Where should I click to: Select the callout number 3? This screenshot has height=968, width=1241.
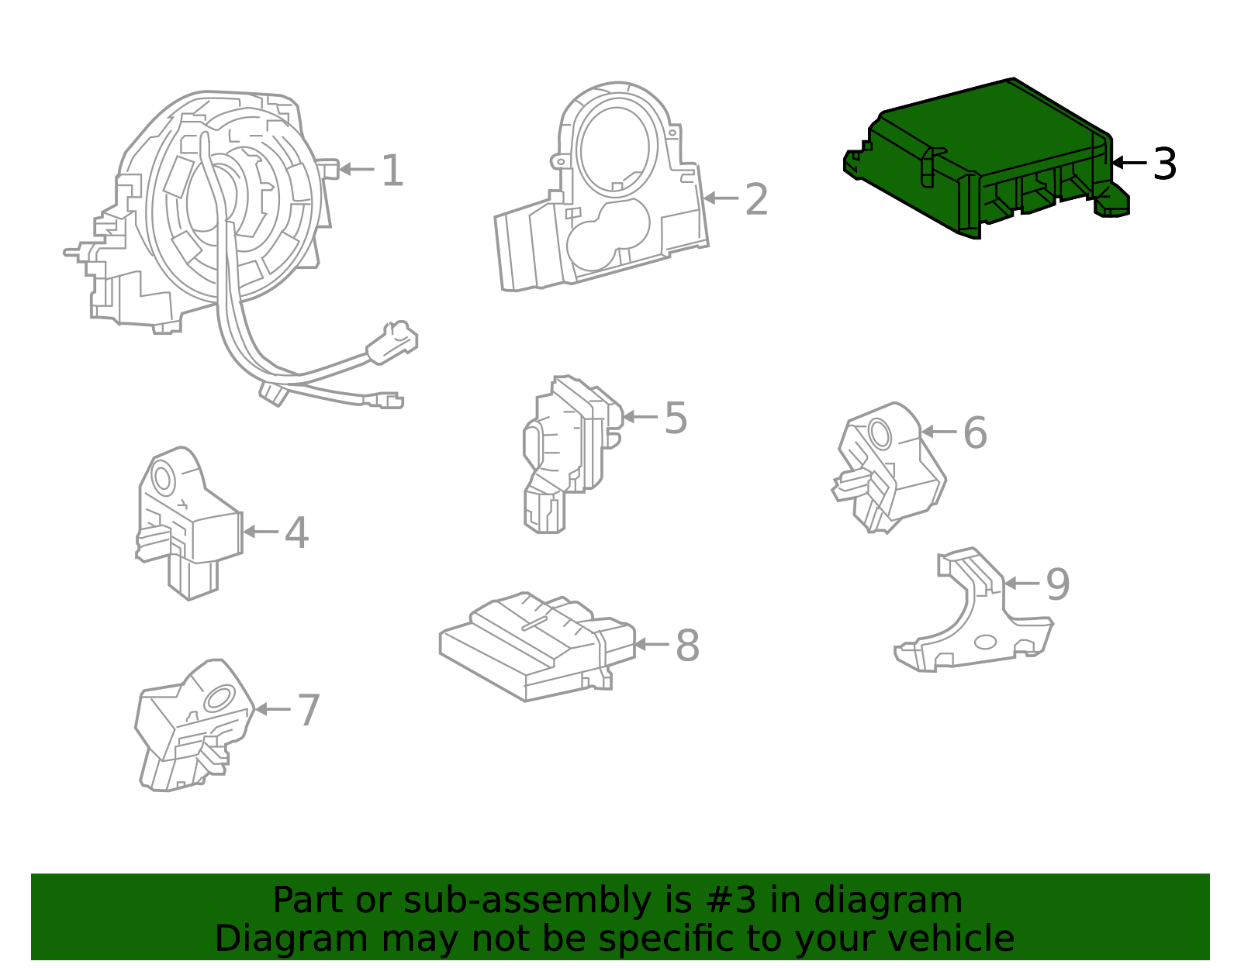tap(1164, 164)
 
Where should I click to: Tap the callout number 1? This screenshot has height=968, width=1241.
tap(392, 171)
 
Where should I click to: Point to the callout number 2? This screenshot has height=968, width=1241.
tap(756, 200)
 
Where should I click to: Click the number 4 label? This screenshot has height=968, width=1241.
tap(296, 533)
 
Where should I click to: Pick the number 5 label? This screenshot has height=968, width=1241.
tap(676, 419)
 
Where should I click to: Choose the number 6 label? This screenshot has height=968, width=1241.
tap(975, 432)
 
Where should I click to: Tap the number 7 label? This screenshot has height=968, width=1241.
tap(309, 710)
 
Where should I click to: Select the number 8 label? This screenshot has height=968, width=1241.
tap(687, 645)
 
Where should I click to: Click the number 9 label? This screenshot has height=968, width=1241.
tap(1058, 584)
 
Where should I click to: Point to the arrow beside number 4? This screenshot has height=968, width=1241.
tap(260, 532)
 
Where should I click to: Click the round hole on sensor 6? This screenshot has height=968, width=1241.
tap(880, 432)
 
